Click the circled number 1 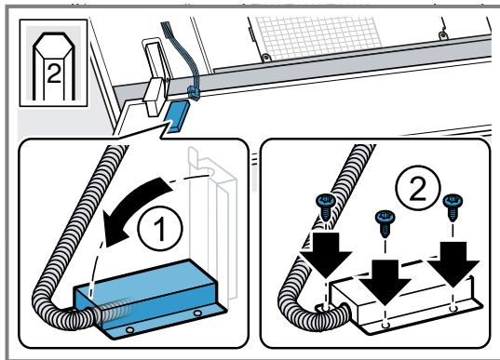(x=160, y=229)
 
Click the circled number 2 (x=418, y=187)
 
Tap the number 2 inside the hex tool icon (x=54, y=73)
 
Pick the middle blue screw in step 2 (x=385, y=222)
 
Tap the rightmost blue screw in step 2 (x=453, y=207)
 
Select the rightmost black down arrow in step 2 (x=453, y=264)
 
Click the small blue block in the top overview (x=175, y=115)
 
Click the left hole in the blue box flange (x=129, y=329)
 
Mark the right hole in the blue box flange (x=197, y=313)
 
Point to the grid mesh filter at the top (x=318, y=37)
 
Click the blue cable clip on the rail (x=193, y=92)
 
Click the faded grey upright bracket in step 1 (x=213, y=223)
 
